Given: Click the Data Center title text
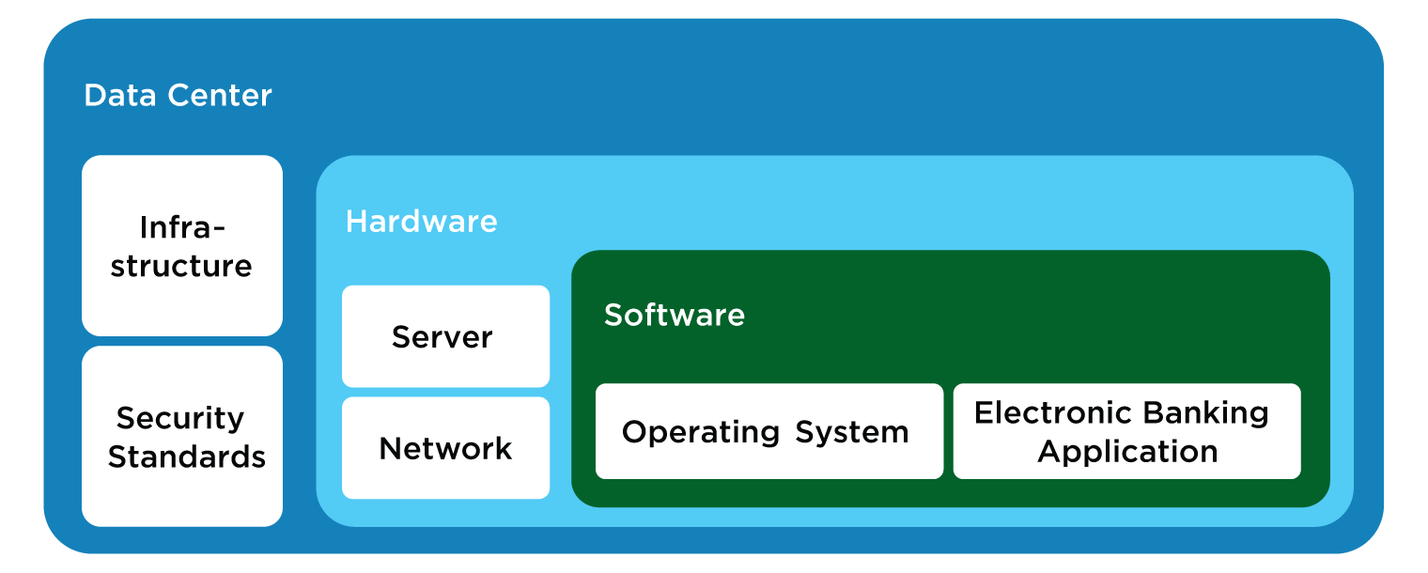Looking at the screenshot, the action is point(178,96).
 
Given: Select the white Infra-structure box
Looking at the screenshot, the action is point(182,245).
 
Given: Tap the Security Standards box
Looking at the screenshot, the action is point(182,437).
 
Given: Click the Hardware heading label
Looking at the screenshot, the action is point(422,222).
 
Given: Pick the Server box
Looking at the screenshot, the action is point(445,336).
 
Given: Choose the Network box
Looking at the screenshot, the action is point(445,448).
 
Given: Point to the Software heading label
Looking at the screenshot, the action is point(675,315).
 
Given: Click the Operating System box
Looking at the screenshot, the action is point(769,431).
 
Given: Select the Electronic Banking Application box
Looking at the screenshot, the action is point(1127,431).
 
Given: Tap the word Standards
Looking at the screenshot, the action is point(187,457).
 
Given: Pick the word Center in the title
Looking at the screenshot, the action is point(220,96).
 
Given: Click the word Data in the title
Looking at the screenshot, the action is point(120,96).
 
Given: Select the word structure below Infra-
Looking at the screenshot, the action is point(181,267).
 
